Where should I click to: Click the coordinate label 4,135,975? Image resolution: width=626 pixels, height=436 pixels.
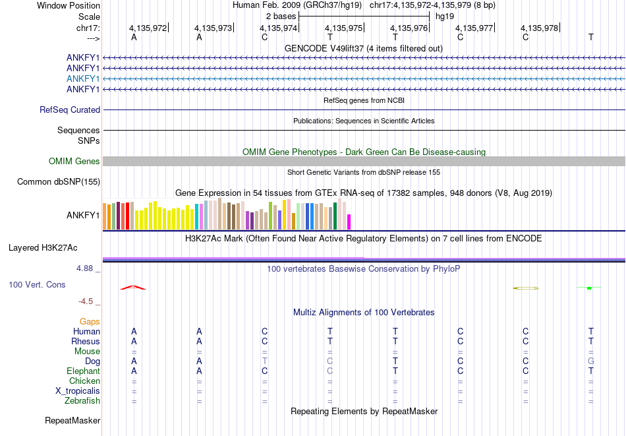[x=345, y=28]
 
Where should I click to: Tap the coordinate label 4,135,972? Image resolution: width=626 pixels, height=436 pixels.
[x=148, y=28]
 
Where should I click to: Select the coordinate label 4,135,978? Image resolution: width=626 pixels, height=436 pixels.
[x=539, y=28]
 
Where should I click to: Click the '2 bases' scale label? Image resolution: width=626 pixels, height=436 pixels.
[x=281, y=16]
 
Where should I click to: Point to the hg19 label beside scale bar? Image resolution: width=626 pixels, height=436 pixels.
[x=445, y=16]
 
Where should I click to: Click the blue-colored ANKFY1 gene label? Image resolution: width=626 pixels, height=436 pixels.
[x=83, y=78]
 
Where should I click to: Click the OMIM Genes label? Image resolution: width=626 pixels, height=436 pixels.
[x=74, y=162]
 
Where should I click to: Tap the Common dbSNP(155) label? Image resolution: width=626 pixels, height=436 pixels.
[x=59, y=182]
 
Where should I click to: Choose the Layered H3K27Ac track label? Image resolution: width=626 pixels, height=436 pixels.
[x=43, y=248]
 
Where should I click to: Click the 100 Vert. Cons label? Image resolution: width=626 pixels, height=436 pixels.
[x=37, y=285]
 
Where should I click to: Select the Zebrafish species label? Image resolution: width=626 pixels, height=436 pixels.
[x=82, y=401]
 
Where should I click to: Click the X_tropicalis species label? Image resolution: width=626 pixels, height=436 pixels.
[x=78, y=391]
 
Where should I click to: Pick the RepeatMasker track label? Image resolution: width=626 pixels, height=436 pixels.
[x=72, y=420]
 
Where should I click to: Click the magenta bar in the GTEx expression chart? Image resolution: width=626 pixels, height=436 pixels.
[x=349, y=222]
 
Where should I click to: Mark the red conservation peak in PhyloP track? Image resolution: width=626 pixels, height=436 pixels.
[x=133, y=287]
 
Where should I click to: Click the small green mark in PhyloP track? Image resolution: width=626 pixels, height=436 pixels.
[x=589, y=288]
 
